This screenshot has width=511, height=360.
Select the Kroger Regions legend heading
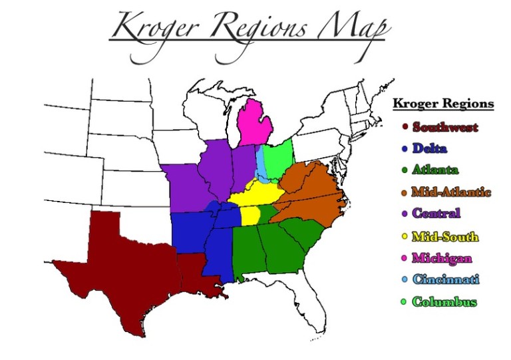click(x=443, y=104)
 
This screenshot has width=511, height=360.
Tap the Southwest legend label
click(x=445, y=126)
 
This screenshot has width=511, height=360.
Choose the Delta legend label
click(x=429, y=148)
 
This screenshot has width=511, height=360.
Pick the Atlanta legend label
click(x=435, y=170)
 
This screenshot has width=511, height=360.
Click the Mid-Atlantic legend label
click(x=450, y=192)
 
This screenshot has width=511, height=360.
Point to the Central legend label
click(x=436, y=214)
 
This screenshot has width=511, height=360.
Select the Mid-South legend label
click(x=445, y=236)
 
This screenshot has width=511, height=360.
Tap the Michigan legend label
click(x=442, y=258)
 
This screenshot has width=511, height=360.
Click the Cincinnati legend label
click(x=445, y=279)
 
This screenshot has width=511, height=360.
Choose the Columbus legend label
click(x=444, y=301)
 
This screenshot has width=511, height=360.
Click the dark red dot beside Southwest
click(x=404, y=126)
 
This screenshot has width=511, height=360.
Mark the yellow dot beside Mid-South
click(x=404, y=236)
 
